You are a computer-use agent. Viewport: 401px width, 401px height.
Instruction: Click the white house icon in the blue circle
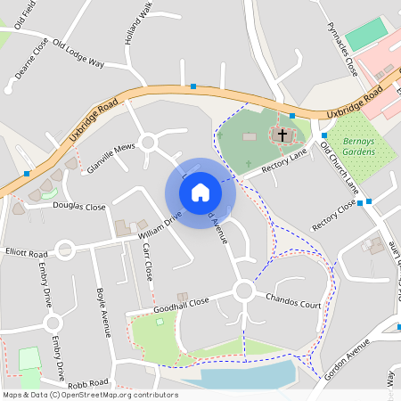(x=200, y=192)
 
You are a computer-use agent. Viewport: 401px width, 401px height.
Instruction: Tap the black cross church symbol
(x=282, y=135)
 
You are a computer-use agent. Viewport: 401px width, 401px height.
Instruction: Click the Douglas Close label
(x=80, y=206)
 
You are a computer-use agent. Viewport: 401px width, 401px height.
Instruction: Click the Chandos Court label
(x=293, y=305)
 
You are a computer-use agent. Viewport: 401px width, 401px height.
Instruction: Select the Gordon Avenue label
(x=347, y=361)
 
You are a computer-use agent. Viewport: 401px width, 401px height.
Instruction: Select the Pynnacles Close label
(x=341, y=49)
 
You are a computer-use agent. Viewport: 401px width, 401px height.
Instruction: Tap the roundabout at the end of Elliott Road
(x=64, y=250)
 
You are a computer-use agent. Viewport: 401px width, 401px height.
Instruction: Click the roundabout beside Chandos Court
(x=244, y=291)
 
